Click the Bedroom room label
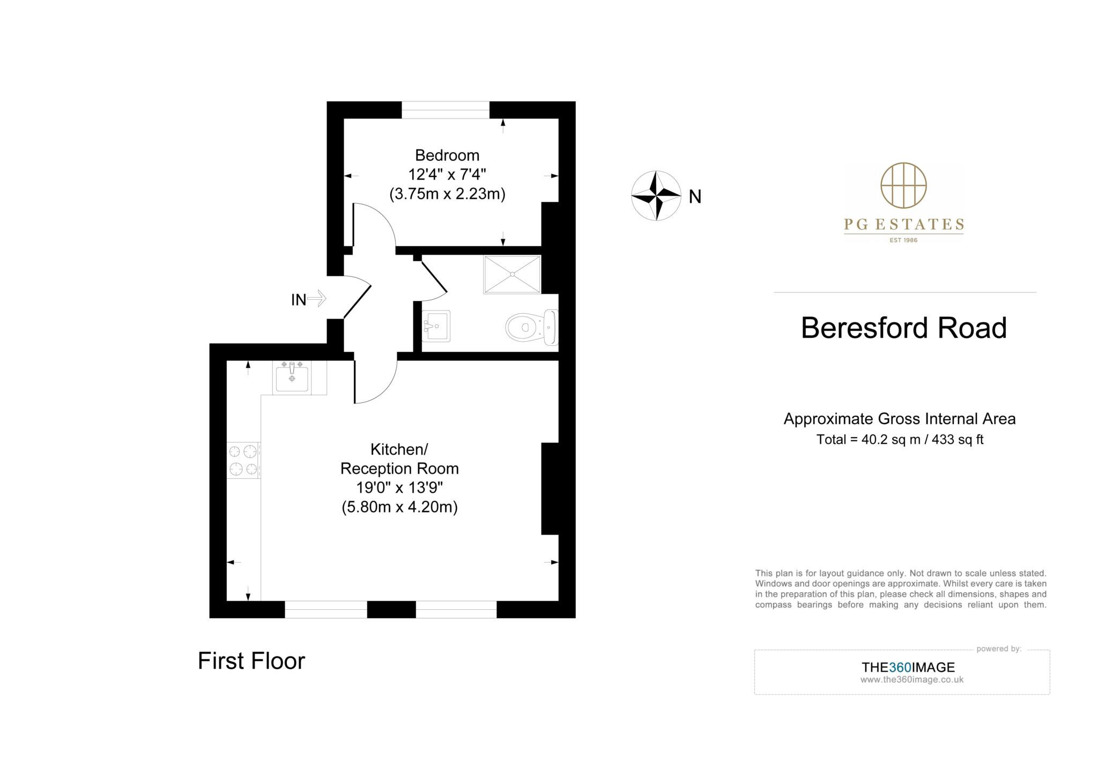click(x=447, y=156)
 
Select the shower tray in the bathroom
click(x=512, y=275)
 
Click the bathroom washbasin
click(x=436, y=326)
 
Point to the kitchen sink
click(x=292, y=377)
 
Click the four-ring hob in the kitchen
click(x=243, y=460)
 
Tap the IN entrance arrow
click(x=316, y=299)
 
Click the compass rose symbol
click(x=656, y=196)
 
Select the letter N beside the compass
click(x=695, y=197)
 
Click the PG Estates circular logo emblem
click(x=903, y=186)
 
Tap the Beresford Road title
click(x=903, y=328)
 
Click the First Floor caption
click(x=251, y=661)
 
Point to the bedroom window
click(x=446, y=110)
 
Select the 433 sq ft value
click(x=958, y=440)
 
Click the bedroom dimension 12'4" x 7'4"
click(x=447, y=175)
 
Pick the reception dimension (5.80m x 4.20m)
click(x=399, y=507)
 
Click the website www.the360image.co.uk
click(x=911, y=679)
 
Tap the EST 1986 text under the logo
click(x=903, y=240)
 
